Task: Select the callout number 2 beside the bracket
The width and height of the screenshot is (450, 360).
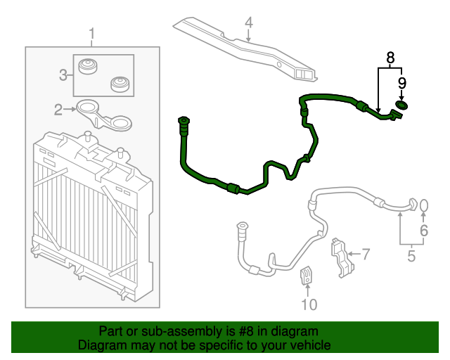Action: (59, 108)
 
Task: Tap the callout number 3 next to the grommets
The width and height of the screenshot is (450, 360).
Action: (63, 74)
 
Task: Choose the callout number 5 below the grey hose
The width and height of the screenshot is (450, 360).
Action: (411, 256)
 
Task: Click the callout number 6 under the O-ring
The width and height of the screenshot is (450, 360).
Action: (424, 230)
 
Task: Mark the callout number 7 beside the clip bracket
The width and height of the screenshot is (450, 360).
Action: (365, 252)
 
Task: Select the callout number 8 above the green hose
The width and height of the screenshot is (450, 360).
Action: (390, 56)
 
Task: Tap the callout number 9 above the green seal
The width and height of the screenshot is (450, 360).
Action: (401, 84)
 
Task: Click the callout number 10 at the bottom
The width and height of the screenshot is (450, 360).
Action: (309, 304)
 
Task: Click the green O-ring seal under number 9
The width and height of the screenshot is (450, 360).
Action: (402, 105)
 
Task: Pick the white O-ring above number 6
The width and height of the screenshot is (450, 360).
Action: (424, 205)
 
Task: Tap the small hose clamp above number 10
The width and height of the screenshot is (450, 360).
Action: (308, 276)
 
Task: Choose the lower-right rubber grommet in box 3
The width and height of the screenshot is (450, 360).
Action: (121, 85)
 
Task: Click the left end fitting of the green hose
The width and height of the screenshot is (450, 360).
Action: (185, 124)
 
